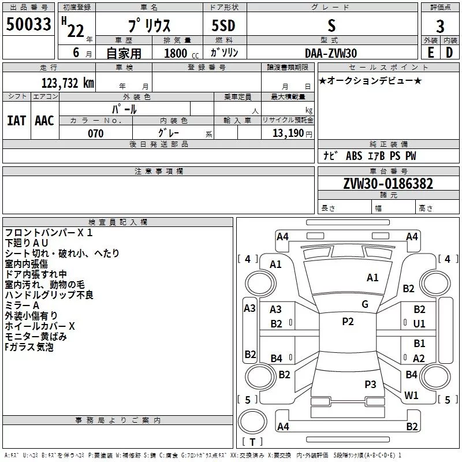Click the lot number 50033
(x=28, y=24)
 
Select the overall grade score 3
(x=440, y=26)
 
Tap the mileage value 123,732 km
(x=68, y=83)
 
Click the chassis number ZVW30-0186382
(x=388, y=184)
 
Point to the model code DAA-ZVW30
(x=330, y=53)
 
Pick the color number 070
(x=95, y=133)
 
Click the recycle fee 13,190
(x=288, y=133)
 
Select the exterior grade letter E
(x=430, y=53)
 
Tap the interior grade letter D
(x=449, y=53)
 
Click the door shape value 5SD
(x=223, y=25)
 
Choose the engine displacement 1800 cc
(x=181, y=53)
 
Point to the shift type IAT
(x=16, y=121)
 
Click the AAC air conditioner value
(x=44, y=121)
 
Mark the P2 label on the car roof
(x=348, y=322)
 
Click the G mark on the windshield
(x=365, y=304)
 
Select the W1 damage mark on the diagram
(x=411, y=396)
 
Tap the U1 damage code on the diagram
(x=419, y=324)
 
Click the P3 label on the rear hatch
(x=370, y=384)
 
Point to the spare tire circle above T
(x=252, y=422)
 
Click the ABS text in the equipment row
(x=353, y=156)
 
